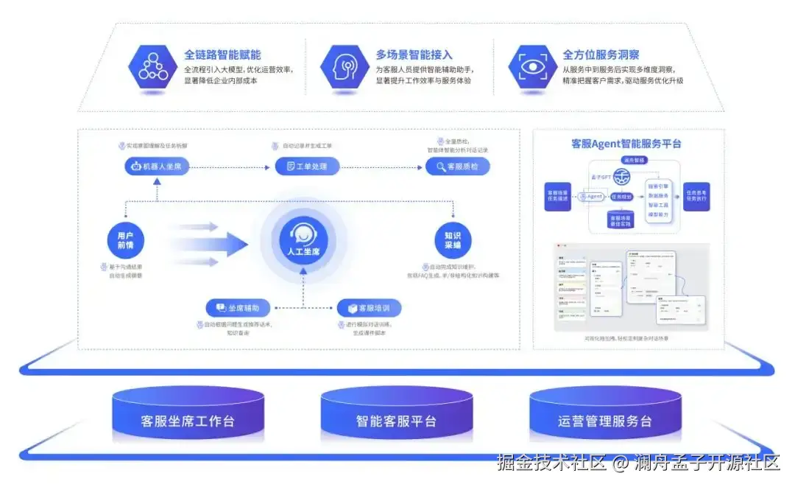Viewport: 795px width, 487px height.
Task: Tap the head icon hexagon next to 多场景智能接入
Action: click(x=344, y=67)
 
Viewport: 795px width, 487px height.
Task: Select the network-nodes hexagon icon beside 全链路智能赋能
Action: click(x=153, y=67)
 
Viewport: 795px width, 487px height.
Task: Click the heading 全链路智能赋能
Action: click(x=222, y=55)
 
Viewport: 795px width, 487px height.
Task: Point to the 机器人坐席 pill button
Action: click(x=157, y=167)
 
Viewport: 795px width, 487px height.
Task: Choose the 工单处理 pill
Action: click(x=307, y=167)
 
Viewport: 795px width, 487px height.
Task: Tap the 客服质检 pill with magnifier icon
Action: click(x=457, y=167)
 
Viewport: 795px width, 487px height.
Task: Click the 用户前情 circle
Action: click(x=125, y=240)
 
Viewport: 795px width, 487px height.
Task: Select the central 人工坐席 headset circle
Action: click(x=304, y=240)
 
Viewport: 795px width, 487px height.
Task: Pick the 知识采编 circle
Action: click(x=452, y=240)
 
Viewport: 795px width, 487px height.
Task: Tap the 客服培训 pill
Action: click(x=369, y=307)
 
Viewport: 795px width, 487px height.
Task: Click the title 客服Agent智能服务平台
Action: click(x=626, y=144)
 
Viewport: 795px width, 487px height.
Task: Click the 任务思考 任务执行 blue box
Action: click(x=696, y=197)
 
